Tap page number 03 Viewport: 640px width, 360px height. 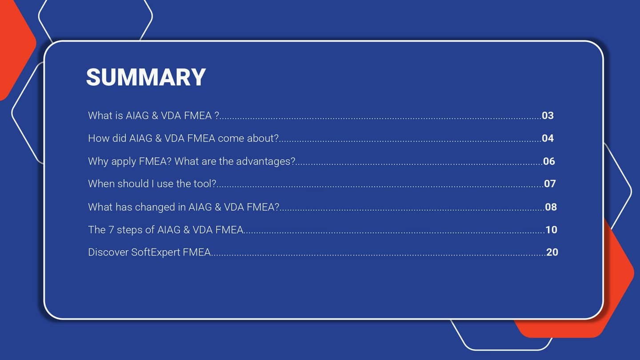(x=548, y=116)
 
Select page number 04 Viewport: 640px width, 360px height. (x=548, y=138)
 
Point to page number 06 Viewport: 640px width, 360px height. (x=549, y=161)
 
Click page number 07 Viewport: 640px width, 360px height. (x=550, y=184)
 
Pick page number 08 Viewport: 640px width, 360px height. (x=551, y=207)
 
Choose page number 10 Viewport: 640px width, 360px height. (x=551, y=230)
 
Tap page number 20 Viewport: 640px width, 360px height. (x=552, y=252)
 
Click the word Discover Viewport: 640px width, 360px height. (x=108, y=252)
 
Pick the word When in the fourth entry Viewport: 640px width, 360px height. (x=101, y=184)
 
